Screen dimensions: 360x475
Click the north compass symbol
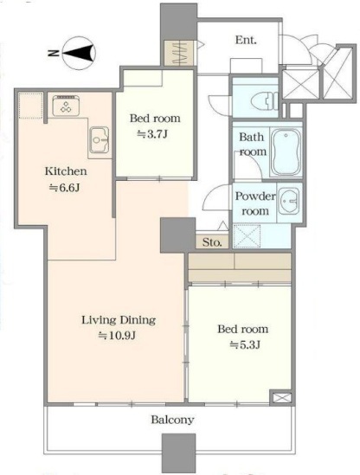(79, 54)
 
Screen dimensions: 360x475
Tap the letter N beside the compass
(54, 54)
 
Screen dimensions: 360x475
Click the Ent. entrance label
(246, 40)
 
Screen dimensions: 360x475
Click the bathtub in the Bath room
(286, 151)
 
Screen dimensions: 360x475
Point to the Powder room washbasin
(289, 201)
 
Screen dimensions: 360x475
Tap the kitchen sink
(100, 139)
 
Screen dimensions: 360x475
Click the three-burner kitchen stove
(66, 106)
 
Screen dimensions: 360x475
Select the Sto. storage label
(212, 242)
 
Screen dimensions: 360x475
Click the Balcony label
(173, 420)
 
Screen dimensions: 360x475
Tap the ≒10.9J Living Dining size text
(117, 336)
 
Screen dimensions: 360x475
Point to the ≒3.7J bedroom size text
(152, 134)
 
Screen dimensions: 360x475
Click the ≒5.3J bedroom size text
(245, 344)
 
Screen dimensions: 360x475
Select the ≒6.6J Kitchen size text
(65, 188)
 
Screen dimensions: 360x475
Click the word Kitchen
(66, 171)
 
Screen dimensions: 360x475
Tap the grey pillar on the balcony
(178, 452)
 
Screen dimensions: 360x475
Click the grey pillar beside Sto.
(177, 235)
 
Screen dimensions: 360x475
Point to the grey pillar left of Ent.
(178, 22)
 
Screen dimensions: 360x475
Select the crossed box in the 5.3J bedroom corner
(281, 397)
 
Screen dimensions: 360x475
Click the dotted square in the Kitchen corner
(30, 106)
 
